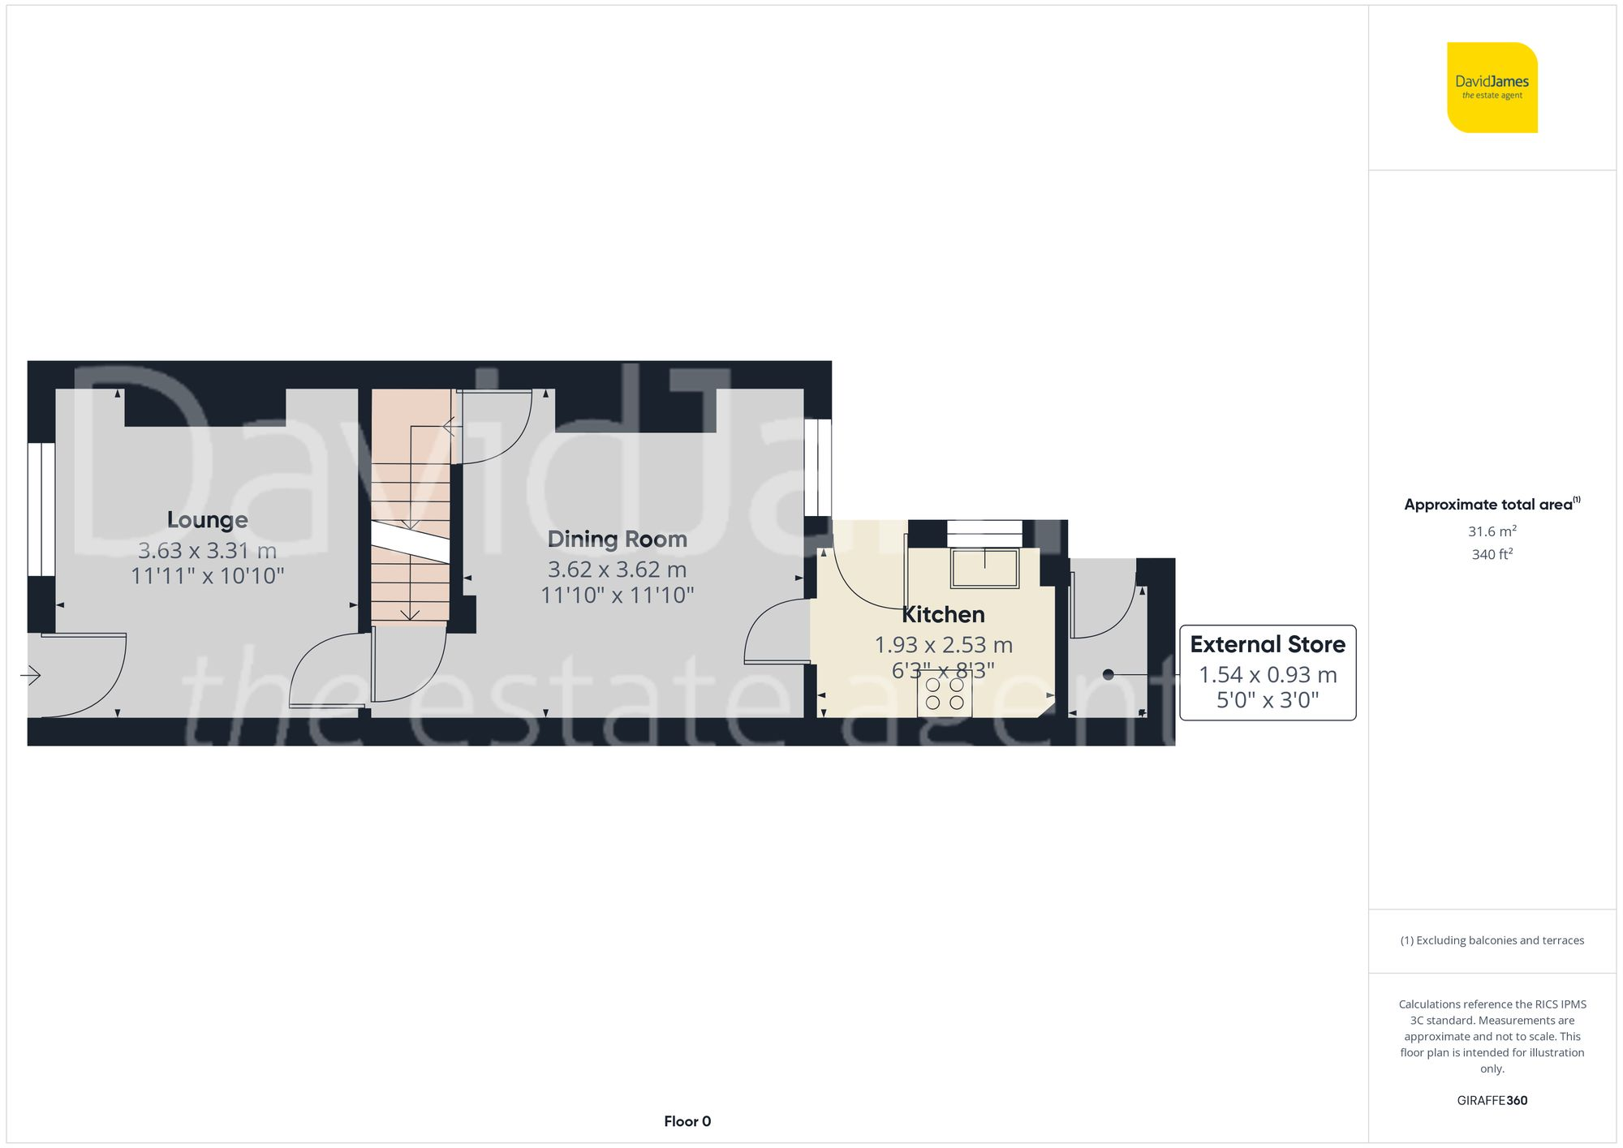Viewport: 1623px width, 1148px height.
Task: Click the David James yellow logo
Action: pyautogui.click(x=1492, y=88)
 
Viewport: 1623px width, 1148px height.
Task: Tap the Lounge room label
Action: pyautogui.click(x=207, y=520)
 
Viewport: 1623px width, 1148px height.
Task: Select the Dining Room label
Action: pyautogui.click(x=617, y=540)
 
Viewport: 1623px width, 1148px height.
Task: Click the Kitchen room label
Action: pyautogui.click(x=943, y=615)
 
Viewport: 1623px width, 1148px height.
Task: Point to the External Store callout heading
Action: pyautogui.click(x=1267, y=645)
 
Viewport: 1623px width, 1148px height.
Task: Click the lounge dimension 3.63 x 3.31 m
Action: pyautogui.click(x=207, y=551)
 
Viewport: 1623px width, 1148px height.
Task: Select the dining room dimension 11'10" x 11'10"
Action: pyautogui.click(x=617, y=595)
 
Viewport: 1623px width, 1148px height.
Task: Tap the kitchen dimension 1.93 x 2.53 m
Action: pyautogui.click(x=943, y=646)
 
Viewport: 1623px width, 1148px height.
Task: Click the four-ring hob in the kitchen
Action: pyautogui.click(x=945, y=694)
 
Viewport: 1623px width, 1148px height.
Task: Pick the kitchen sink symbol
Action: pyautogui.click(x=984, y=568)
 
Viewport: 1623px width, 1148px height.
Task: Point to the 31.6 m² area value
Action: pyautogui.click(x=1492, y=531)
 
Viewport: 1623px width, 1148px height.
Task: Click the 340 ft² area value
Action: pyautogui.click(x=1492, y=555)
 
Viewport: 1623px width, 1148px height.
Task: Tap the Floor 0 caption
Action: pyautogui.click(x=687, y=1121)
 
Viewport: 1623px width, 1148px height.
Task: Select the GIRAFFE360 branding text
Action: pyautogui.click(x=1492, y=1101)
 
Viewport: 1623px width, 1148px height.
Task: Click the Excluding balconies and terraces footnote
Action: pyautogui.click(x=1492, y=941)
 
